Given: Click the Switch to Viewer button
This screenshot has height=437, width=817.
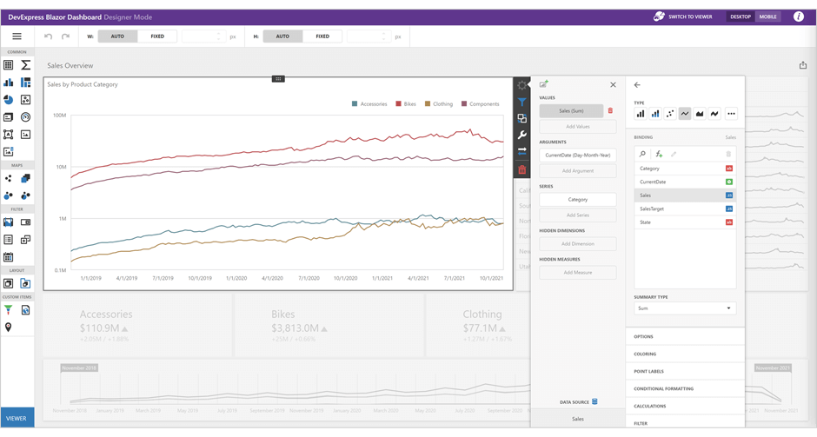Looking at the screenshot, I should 683,17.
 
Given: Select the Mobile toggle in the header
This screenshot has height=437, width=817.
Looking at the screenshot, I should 767,17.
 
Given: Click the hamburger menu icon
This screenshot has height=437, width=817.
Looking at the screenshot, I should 17,36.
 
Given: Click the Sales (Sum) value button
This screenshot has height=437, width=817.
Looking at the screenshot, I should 571,111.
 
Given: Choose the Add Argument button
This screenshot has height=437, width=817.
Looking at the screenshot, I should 577,170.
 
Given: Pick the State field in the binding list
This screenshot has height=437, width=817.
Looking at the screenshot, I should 646,222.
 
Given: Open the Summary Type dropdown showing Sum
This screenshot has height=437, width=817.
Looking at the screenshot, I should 685,308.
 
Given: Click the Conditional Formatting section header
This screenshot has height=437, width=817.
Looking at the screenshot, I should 663,388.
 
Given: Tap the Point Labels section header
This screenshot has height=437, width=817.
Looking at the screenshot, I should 650,371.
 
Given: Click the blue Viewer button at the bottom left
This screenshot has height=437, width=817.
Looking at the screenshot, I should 17,418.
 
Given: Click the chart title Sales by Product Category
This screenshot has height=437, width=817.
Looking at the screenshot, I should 83,84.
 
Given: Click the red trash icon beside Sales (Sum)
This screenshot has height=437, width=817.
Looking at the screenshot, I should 610,110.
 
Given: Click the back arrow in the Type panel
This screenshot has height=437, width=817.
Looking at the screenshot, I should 637,84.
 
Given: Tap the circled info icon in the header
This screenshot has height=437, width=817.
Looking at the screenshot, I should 798,17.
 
